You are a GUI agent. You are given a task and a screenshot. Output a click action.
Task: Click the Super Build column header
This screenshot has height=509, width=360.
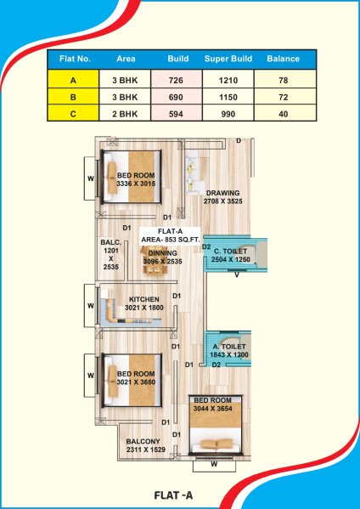228,59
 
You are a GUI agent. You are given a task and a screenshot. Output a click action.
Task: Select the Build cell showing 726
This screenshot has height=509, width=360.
177,80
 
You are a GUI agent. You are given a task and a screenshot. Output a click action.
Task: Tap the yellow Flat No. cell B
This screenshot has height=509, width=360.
73,97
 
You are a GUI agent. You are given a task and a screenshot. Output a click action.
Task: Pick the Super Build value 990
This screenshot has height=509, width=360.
228,114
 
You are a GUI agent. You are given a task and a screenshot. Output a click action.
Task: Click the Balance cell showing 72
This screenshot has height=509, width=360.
283,97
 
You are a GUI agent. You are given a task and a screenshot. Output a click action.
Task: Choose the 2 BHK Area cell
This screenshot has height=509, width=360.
125,114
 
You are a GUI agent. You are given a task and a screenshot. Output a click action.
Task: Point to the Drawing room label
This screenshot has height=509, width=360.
222,197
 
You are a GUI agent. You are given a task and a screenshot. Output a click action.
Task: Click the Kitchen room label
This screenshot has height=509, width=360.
144,303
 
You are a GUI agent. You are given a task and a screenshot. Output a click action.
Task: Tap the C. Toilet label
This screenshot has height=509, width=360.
231,255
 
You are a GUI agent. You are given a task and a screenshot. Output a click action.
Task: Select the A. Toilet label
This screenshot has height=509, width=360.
229,351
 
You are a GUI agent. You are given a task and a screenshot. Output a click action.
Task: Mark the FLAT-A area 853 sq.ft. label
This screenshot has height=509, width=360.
171,235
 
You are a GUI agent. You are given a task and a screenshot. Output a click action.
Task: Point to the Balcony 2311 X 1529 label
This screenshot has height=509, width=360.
146,445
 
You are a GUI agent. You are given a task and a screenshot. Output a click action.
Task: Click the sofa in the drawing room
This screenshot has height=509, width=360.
194,172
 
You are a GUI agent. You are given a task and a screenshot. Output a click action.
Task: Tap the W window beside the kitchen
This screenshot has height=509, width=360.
91,306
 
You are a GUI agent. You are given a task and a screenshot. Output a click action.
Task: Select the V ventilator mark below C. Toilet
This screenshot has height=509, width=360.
237,275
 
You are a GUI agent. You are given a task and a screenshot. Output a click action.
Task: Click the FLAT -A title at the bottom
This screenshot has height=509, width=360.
173,495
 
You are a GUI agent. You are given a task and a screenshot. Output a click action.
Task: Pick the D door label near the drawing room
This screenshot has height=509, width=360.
239,140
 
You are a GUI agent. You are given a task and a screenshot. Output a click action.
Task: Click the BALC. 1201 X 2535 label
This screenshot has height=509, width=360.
111,255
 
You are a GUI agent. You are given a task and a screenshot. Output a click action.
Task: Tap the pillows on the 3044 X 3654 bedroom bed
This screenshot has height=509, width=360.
217,444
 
